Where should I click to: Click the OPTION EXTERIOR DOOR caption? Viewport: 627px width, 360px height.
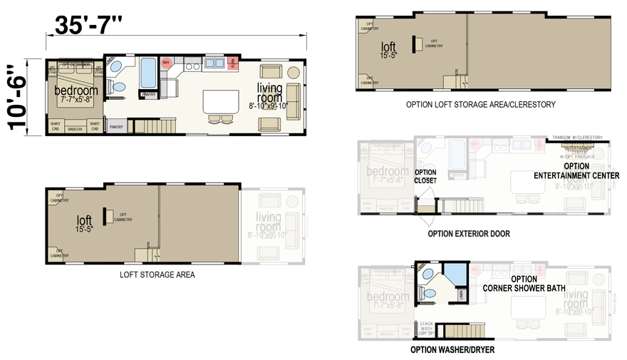(x=468, y=234)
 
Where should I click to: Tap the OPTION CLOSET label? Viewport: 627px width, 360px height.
(x=425, y=176)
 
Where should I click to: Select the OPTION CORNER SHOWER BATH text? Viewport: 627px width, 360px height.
(x=524, y=284)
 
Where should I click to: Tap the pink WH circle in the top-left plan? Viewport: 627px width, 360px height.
(x=166, y=63)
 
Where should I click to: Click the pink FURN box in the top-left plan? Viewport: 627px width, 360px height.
(x=233, y=62)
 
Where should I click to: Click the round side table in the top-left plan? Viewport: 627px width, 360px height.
(x=294, y=72)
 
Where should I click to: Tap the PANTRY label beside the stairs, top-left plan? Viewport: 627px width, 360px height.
(x=116, y=128)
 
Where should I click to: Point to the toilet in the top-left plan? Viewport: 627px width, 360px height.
(x=118, y=87)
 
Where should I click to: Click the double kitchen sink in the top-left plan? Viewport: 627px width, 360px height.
(x=214, y=63)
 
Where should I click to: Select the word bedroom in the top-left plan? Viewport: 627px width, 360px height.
(x=76, y=91)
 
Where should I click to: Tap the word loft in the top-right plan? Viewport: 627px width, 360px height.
(x=388, y=48)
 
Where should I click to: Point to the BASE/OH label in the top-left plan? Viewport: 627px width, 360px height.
(x=75, y=129)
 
